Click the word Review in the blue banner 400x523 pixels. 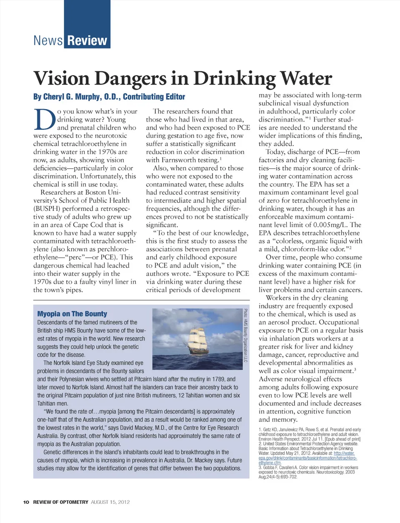point(87,41)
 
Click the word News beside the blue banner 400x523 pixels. point(48,41)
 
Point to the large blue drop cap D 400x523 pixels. point(44,120)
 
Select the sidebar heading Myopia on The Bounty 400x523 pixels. point(72,314)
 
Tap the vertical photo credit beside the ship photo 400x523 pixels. point(246,335)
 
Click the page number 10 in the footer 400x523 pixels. point(26,502)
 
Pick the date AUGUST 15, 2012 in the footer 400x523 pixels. point(110,502)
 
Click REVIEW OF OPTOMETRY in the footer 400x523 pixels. point(61,502)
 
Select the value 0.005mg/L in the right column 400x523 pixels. point(322,225)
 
